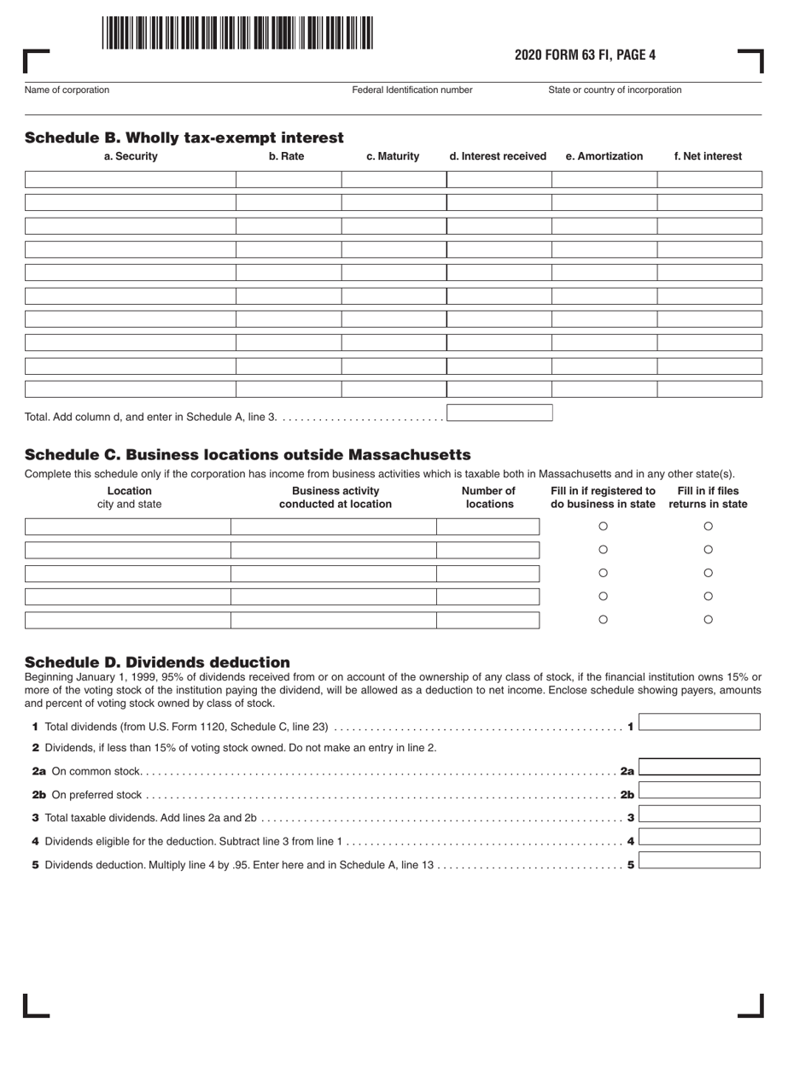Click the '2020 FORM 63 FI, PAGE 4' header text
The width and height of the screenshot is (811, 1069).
click(585, 55)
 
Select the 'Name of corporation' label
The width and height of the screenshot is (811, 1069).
click(67, 90)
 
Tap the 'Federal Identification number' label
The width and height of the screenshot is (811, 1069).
click(412, 90)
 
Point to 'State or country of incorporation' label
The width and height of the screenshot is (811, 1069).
click(615, 90)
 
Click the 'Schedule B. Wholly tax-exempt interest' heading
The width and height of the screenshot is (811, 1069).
click(184, 137)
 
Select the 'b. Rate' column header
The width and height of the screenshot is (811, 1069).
click(287, 156)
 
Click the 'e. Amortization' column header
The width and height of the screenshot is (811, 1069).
click(604, 156)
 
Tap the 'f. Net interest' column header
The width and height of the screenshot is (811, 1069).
click(708, 156)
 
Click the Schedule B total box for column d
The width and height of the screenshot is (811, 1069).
click(499, 413)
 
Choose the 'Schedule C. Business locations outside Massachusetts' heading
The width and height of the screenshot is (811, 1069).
click(248, 454)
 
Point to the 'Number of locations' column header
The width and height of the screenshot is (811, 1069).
click(488, 497)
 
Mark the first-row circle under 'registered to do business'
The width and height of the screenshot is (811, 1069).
click(604, 527)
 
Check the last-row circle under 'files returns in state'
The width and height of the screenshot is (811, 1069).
click(708, 620)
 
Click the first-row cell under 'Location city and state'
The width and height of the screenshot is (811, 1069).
click(128, 527)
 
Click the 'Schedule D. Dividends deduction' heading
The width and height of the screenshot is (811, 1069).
click(157, 663)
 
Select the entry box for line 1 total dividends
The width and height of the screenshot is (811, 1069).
click(699, 722)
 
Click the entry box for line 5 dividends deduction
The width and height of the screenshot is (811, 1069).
click(699, 860)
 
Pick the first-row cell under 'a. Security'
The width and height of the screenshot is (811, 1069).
click(131, 179)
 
